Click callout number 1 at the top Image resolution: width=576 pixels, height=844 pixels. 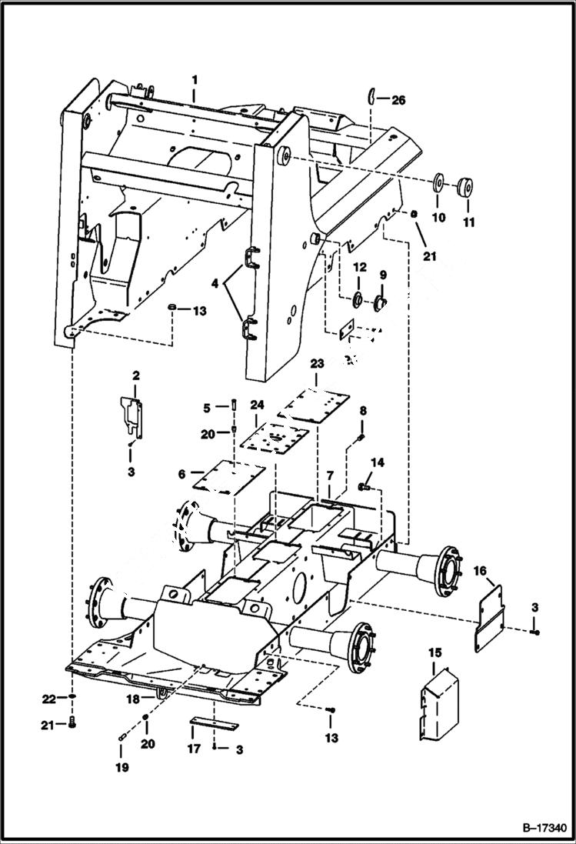tap(195, 79)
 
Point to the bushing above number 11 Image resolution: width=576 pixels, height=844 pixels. tap(464, 187)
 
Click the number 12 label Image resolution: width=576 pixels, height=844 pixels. tap(359, 267)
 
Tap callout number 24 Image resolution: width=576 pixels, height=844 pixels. tap(257, 404)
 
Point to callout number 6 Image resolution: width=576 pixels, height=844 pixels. tap(182, 475)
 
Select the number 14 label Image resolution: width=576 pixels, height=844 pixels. tap(377, 462)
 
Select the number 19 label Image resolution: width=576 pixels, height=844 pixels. tap(122, 767)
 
